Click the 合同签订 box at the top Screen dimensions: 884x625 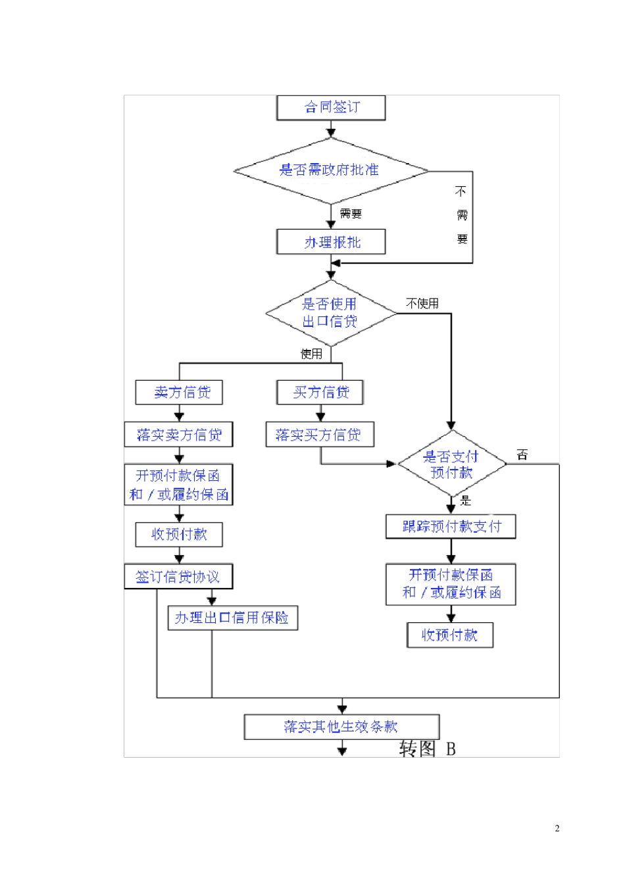(x=331, y=108)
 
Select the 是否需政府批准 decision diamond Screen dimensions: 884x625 (x=331, y=170)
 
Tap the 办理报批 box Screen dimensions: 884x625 (x=331, y=242)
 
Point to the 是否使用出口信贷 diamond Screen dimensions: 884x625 (x=331, y=313)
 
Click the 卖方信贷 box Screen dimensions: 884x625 (x=179, y=393)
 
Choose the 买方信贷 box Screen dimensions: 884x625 (x=320, y=393)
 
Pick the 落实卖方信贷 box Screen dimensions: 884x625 (x=179, y=435)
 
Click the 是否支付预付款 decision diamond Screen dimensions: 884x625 (x=451, y=464)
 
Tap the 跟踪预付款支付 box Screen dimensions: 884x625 (x=451, y=526)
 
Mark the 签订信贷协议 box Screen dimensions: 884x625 (x=178, y=577)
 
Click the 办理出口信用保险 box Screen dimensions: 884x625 (x=232, y=618)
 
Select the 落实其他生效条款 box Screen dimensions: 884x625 (x=341, y=727)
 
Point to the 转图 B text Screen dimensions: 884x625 (x=428, y=749)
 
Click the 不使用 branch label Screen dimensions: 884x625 (x=422, y=303)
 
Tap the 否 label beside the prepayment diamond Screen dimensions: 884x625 (x=522, y=454)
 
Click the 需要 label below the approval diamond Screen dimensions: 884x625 (x=351, y=214)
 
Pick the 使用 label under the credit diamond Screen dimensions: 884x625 (x=311, y=354)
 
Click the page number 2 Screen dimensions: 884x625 (x=557, y=828)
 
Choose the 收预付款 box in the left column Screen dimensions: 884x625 (x=179, y=535)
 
